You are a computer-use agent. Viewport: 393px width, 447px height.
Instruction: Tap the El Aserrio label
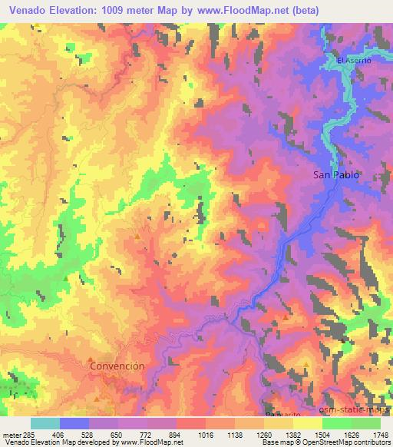tap(354, 61)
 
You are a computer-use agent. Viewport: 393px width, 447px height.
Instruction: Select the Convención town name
tap(117, 366)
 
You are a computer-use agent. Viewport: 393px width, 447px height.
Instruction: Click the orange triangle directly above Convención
tap(91, 358)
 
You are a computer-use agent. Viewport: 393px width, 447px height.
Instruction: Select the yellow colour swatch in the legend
tap(307, 423)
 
